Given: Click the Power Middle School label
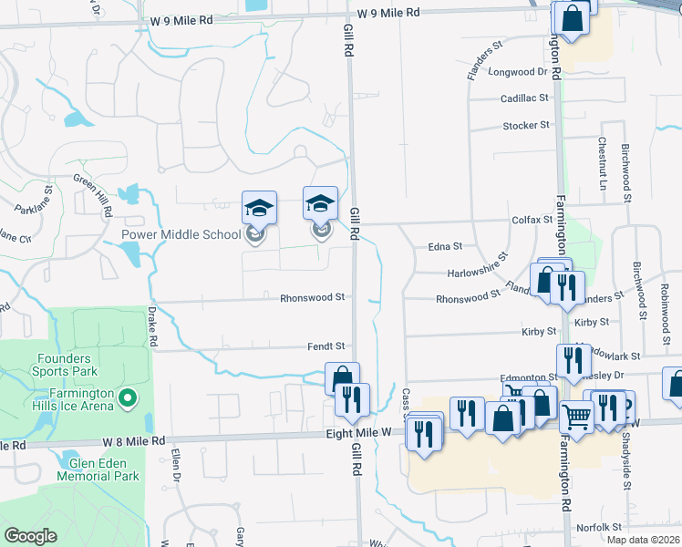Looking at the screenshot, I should coord(181,234).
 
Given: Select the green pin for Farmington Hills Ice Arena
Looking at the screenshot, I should coord(128,397).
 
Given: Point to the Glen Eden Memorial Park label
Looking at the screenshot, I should coord(98,469).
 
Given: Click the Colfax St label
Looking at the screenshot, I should coord(532,220).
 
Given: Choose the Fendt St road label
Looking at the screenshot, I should coord(325,346).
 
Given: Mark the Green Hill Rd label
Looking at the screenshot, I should coord(94,194).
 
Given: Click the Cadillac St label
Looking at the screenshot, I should coord(524,98).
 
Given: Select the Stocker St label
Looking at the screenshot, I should coord(527,126).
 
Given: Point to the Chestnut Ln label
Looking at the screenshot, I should coord(603,162).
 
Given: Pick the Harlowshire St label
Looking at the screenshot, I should coord(477,265).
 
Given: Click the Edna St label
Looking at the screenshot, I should coord(445,246).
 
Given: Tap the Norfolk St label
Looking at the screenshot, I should coord(598,527).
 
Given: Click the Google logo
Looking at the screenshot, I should coord(31,536).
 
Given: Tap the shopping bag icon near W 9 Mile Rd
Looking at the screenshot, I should coord(571,19).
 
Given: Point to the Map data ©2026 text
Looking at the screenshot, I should coord(642,540).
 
